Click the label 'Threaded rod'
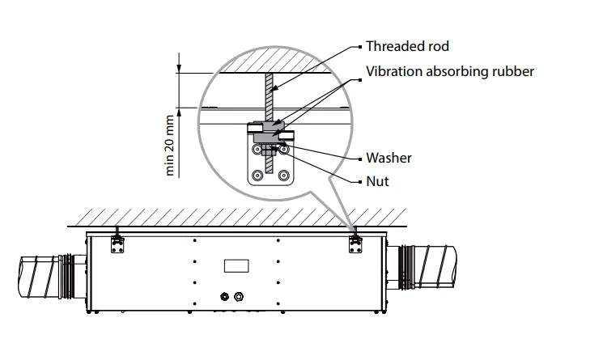(406, 46)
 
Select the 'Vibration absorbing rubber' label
(450, 71)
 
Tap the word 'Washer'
(389, 158)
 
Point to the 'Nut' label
(377, 181)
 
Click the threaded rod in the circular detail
(270, 97)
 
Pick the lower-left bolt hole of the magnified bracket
(257, 174)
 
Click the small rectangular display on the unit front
(236, 265)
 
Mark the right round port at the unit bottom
(238, 297)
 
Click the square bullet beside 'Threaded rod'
(356, 46)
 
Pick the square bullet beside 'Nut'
(356, 181)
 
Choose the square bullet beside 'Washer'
(356, 158)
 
